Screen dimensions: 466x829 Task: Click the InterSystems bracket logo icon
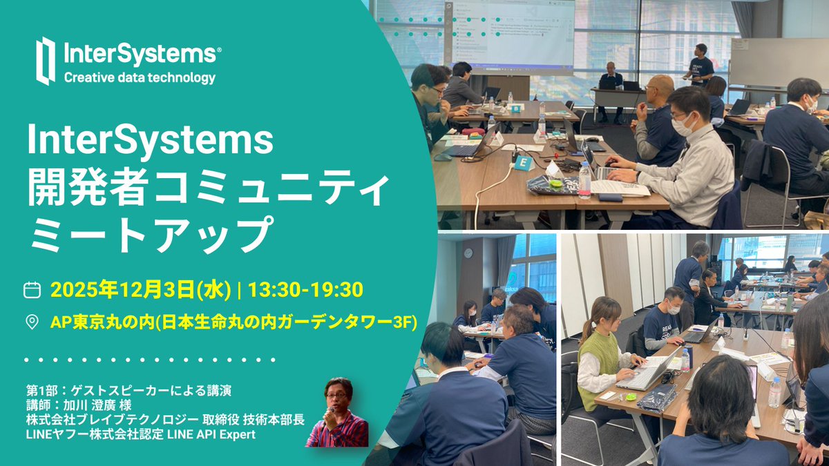point(46,61)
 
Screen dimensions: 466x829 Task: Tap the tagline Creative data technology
point(140,78)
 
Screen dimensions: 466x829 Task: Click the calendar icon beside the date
point(32,289)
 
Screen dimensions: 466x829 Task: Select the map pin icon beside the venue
point(32,322)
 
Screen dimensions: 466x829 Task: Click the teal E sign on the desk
point(522,163)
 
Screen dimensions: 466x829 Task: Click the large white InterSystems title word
point(151,143)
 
